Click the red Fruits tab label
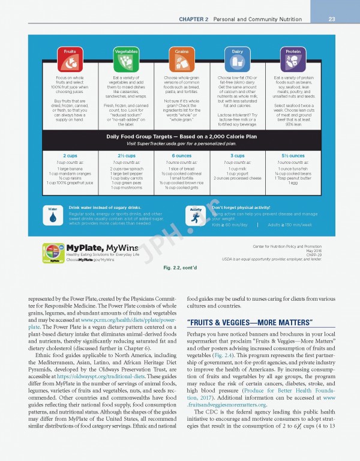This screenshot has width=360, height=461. pos(70,52)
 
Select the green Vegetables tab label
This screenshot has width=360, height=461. pos(125,52)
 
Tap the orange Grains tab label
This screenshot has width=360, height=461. pos(182,52)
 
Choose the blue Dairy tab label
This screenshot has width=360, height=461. pos(238,52)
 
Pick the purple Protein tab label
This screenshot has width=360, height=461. pos(293,52)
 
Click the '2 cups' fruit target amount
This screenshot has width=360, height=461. pos(70,155)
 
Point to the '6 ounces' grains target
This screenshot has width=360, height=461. pos(182,155)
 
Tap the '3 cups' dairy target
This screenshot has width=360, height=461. pos(238,155)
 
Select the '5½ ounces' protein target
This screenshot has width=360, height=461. pos(293,155)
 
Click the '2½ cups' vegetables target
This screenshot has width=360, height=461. pos(126,155)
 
